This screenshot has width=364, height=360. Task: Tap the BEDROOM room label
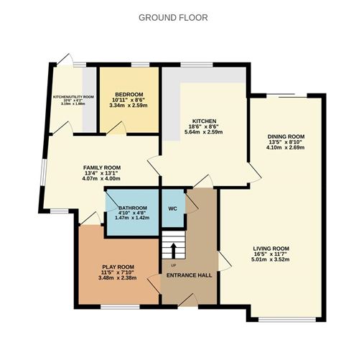pos(129,95)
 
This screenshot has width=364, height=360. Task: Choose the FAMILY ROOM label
pos(102,167)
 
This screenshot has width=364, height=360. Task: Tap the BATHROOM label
pos(132,207)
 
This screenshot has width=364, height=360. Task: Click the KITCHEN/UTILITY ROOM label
pos(73,96)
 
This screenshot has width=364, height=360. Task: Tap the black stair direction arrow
pos(172,249)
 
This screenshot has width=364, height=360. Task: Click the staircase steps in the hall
pos(172,244)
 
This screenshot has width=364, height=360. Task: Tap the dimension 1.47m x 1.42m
pos(132,218)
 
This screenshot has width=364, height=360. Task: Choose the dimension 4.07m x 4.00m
pos(102,179)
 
